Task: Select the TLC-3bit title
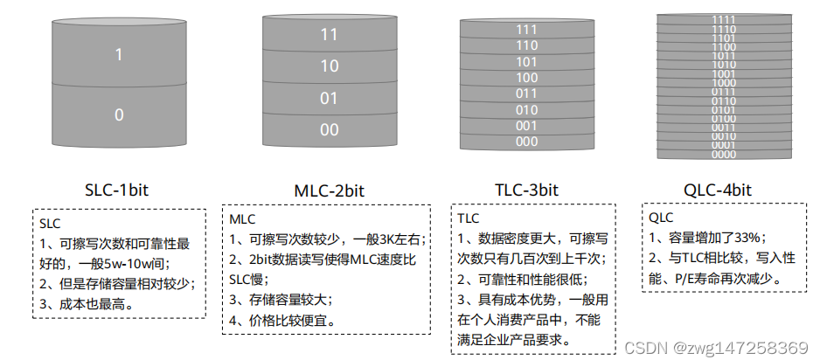[x=525, y=190]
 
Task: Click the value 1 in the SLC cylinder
[x=120, y=55]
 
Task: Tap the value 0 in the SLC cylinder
[x=120, y=114]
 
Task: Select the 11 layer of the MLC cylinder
[x=329, y=35]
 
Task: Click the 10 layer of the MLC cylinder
[x=329, y=66]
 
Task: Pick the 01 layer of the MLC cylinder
[x=329, y=98]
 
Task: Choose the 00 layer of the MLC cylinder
[x=329, y=129]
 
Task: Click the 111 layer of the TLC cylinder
[x=526, y=30]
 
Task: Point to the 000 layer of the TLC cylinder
[x=526, y=141]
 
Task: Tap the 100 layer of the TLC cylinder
[x=526, y=78]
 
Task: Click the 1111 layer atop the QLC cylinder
[x=724, y=19]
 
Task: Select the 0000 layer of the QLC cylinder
[x=724, y=155]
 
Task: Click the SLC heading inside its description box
[x=50, y=223]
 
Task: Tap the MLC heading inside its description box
[x=242, y=218]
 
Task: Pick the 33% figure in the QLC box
[x=748, y=237]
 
